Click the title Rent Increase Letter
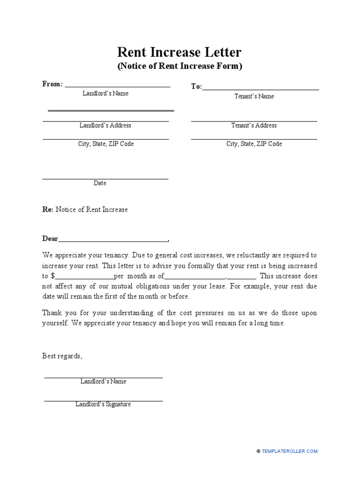click(x=180, y=52)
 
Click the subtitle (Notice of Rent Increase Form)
click(x=180, y=67)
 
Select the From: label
click(x=52, y=84)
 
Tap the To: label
click(x=196, y=87)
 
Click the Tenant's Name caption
click(x=254, y=97)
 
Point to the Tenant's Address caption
click(x=254, y=126)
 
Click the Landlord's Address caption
click(x=105, y=126)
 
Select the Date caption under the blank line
click(x=100, y=183)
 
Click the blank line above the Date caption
click(x=105, y=179)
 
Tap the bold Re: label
click(x=48, y=210)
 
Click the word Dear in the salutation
click(x=50, y=239)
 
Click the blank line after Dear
click(x=112, y=241)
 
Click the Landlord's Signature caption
click(x=103, y=405)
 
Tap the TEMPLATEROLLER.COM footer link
click(x=289, y=451)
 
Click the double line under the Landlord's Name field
click(x=111, y=111)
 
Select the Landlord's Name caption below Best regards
click(x=103, y=382)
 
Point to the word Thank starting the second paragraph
click(x=52, y=313)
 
